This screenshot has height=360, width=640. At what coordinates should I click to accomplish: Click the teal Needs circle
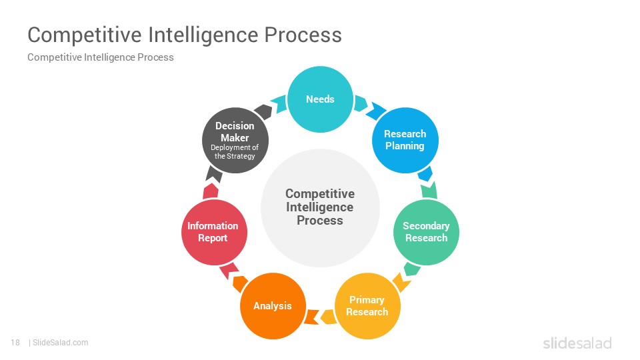321,99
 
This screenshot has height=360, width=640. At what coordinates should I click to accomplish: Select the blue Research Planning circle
405,141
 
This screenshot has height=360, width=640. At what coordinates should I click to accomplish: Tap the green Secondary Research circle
426,232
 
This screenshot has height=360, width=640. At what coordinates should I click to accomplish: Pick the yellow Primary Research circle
367,306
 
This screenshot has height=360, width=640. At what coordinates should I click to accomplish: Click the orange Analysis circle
273,306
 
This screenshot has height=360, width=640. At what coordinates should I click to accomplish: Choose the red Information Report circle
214,232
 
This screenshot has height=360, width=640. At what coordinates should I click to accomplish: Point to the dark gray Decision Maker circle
235,141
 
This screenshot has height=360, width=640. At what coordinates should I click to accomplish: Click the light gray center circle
321,208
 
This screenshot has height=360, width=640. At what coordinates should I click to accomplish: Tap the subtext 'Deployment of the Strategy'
235,152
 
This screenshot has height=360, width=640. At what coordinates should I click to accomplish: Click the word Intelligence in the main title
203,35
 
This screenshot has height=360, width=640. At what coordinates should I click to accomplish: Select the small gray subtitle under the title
101,57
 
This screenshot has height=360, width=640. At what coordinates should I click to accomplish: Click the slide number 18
15,343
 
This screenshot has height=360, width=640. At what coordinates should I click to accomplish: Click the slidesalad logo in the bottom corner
577,343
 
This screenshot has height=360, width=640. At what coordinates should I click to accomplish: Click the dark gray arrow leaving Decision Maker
263,111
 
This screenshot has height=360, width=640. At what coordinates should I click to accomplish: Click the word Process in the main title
303,35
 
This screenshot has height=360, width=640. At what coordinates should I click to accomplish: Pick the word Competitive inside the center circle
320,193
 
